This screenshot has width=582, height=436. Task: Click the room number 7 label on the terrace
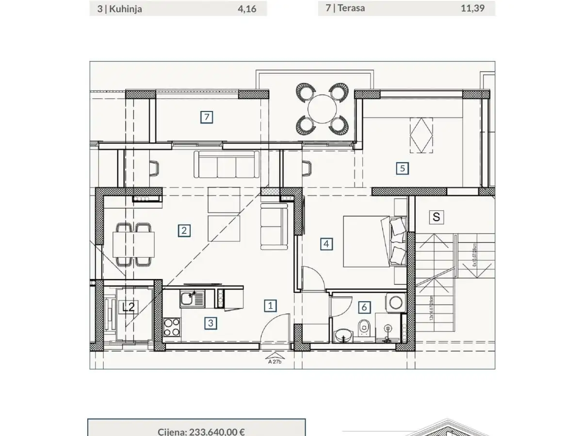tap(207, 117)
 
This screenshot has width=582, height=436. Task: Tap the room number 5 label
tap(402, 169)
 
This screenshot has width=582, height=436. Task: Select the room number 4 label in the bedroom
tap(326, 244)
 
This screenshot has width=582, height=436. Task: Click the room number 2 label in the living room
tap(183, 230)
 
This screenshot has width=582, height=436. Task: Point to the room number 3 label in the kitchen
tap(210, 323)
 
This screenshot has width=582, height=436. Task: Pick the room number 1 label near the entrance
tap(271, 305)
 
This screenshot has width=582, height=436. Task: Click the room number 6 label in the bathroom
tap(364, 307)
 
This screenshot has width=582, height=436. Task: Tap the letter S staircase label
tap(436, 217)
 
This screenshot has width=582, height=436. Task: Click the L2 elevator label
tap(128, 307)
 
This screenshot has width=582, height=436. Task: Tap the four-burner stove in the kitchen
tap(172, 327)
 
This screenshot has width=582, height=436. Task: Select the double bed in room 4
tap(369, 241)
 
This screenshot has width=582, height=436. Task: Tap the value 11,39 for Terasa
tap(472, 8)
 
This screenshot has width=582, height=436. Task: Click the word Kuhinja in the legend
tap(126, 9)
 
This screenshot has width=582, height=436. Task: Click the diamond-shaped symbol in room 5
tap(420, 135)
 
